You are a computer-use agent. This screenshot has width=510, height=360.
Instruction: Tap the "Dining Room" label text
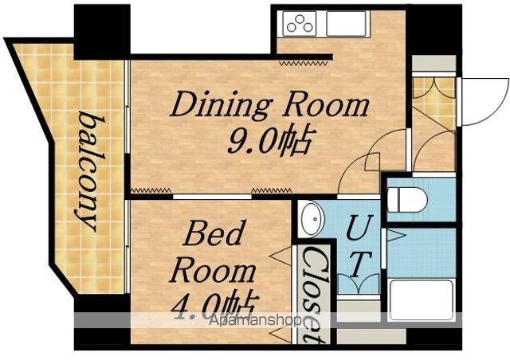point(270,104)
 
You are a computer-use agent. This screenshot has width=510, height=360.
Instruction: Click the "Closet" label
point(314,295)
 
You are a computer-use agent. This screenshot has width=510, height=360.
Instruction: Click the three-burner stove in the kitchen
point(300,23)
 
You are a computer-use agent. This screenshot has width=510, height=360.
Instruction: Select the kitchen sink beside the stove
point(346,23)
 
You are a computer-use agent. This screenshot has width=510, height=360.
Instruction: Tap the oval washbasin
point(312,218)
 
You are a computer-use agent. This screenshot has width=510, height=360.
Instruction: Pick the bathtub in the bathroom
point(422,299)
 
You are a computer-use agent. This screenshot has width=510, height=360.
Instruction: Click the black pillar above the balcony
point(102,32)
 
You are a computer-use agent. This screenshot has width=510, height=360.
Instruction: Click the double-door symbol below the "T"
point(358,284)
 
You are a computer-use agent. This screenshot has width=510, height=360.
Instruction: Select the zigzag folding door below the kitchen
point(303,64)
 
